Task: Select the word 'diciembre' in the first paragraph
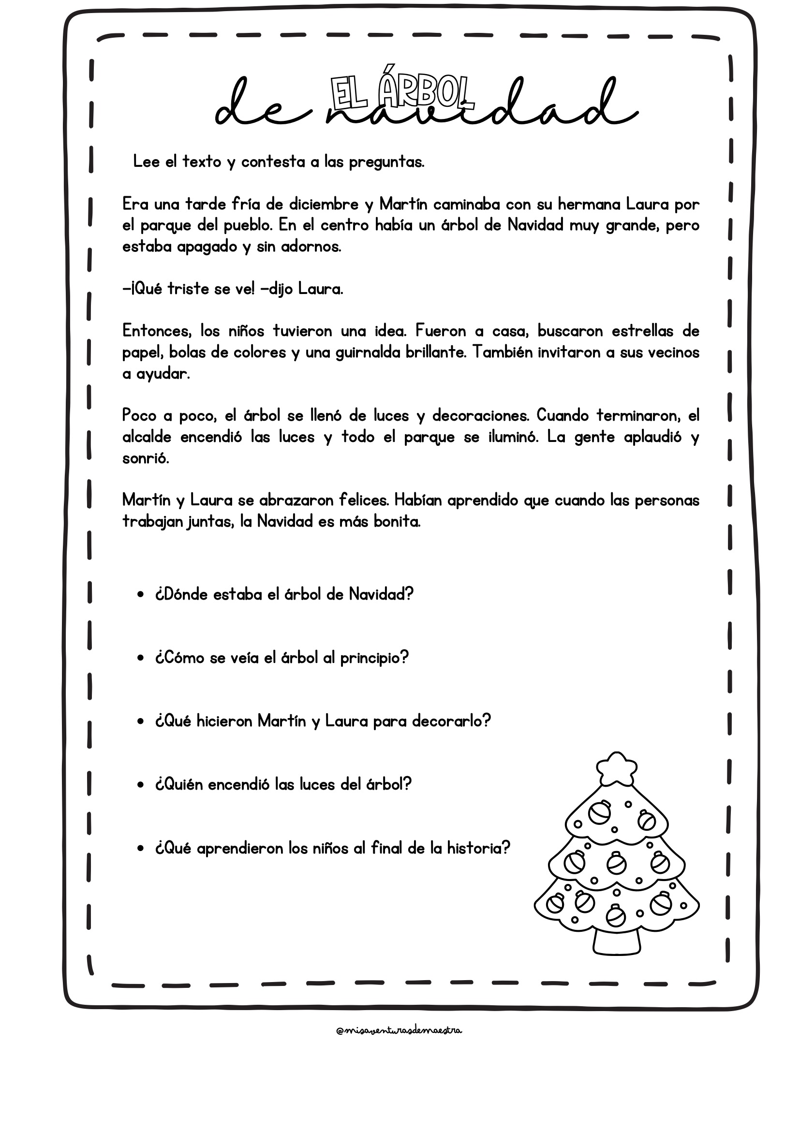(x=323, y=204)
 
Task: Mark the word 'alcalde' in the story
(x=147, y=438)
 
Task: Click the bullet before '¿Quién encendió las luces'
(x=141, y=785)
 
